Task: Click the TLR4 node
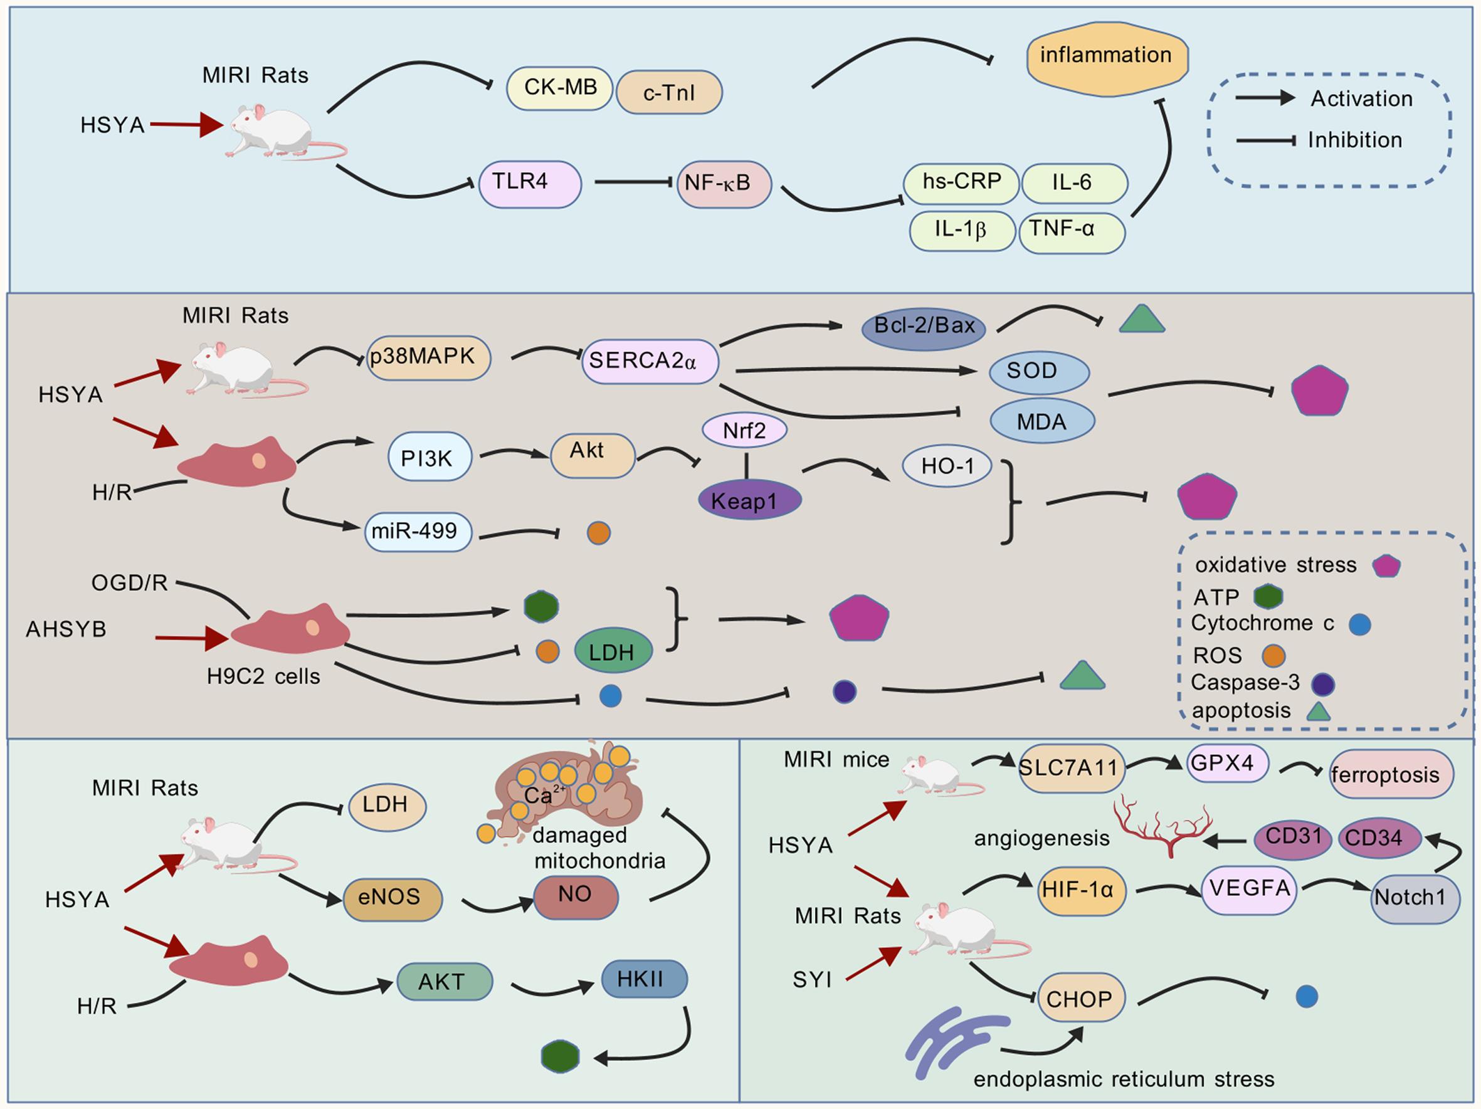click(530, 184)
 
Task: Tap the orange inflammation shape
click(1107, 56)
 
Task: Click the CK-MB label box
click(560, 88)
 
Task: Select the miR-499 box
click(418, 532)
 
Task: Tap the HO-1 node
click(947, 466)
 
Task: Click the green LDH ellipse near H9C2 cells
click(613, 651)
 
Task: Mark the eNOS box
click(393, 898)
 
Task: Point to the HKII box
click(643, 980)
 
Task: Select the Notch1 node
click(1415, 898)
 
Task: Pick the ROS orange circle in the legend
click(1273, 656)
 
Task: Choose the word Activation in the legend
click(1361, 99)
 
